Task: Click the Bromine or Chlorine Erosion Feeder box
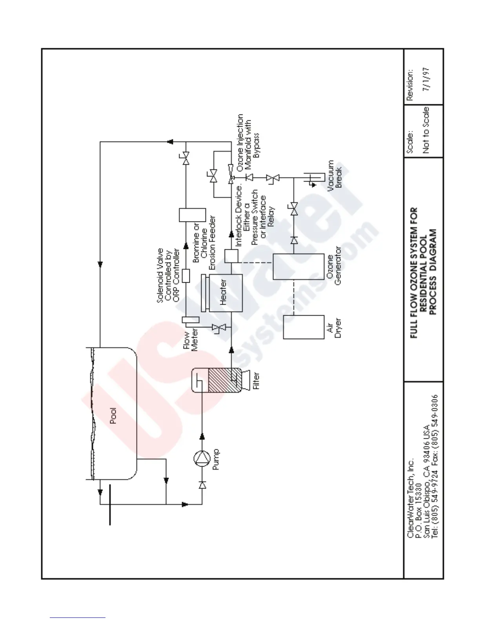(192, 215)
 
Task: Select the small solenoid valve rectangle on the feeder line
(186, 276)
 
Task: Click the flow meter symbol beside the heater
(191, 320)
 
